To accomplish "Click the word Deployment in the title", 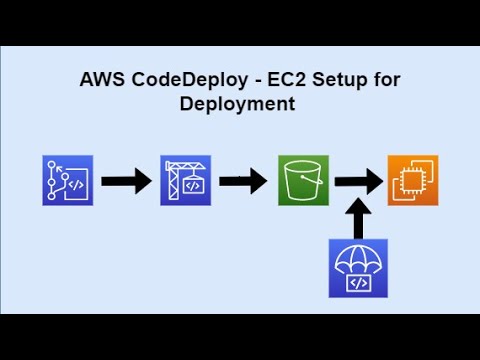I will tap(238, 104).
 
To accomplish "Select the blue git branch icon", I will tap(67, 181).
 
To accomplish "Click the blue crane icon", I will tap(185, 181).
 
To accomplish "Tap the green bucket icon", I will tap(303, 181).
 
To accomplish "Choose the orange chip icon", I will tap(413, 181).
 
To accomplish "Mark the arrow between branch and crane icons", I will tap(126, 182).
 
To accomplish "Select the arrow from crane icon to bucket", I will tap(243, 182).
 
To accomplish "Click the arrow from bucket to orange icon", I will tap(358, 182).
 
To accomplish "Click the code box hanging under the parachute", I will tap(355, 283).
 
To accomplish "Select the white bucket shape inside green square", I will tap(303, 181).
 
